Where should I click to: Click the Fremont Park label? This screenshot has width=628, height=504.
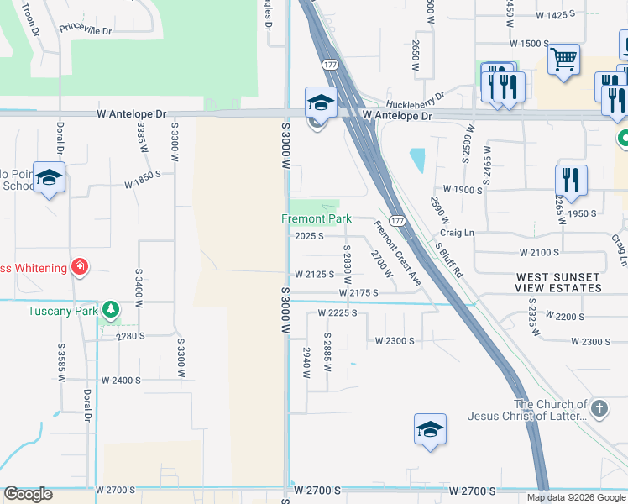point(315,218)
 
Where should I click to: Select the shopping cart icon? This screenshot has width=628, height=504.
point(564,60)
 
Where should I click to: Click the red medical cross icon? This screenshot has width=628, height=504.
point(80,267)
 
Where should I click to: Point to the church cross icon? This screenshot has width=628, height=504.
point(598,409)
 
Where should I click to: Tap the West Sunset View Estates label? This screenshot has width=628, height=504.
point(558,282)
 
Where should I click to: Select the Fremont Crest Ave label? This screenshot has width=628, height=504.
point(397,252)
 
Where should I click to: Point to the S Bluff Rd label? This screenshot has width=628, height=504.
point(449,260)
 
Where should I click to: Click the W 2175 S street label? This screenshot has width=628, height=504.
point(360,292)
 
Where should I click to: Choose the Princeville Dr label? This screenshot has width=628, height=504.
point(85,29)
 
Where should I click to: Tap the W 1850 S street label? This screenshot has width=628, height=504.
point(142,182)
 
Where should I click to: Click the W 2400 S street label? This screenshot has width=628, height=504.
point(121,380)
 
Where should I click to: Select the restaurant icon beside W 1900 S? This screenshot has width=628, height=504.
point(571,180)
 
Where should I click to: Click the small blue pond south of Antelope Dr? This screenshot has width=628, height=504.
point(417,159)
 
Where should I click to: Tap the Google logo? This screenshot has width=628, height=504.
point(28,494)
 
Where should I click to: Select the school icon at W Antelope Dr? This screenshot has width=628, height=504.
point(320,102)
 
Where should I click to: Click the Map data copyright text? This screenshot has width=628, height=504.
point(575,497)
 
